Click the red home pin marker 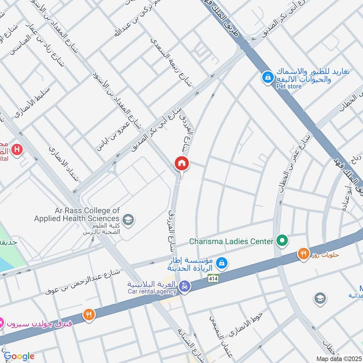(x=182, y=164)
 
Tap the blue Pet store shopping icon (x=267, y=77)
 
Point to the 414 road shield (x=212, y=279)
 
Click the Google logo (x=19, y=356)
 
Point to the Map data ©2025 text (x=338, y=358)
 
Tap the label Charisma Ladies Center (x=231, y=241)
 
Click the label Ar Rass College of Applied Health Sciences (x=77, y=215)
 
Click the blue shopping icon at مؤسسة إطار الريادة (x=221, y=262)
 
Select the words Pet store (x=289, y=86)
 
